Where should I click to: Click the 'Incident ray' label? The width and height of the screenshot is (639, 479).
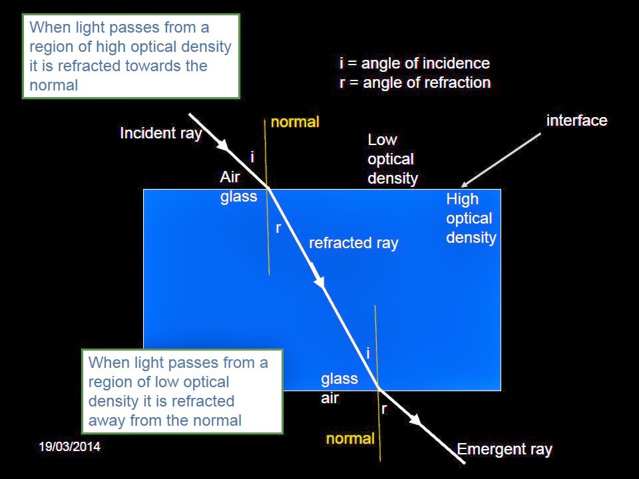point(160,133)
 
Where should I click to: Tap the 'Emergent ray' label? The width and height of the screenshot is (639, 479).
point(505,449)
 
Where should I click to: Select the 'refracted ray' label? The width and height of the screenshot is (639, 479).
point(353,243)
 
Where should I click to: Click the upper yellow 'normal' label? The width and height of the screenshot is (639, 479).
point(295,122)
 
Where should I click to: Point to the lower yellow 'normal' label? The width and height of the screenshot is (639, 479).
point(350,438)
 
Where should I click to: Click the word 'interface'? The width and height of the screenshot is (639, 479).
point(576,120)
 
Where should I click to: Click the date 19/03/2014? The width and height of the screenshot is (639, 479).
point(69,446)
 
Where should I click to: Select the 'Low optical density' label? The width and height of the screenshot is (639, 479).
point(393,159)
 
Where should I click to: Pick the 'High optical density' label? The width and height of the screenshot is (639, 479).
point(471,218)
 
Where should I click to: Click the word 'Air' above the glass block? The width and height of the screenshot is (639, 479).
point(230,177)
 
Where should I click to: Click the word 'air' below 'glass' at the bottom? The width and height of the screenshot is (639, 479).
point(330,399)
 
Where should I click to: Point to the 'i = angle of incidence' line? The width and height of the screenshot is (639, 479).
point(414,63)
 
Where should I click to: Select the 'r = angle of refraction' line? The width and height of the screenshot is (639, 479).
point(415,83)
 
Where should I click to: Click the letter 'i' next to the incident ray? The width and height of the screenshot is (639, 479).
point(252,157)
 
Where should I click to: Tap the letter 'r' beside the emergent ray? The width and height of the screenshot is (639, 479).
point(384,409)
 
